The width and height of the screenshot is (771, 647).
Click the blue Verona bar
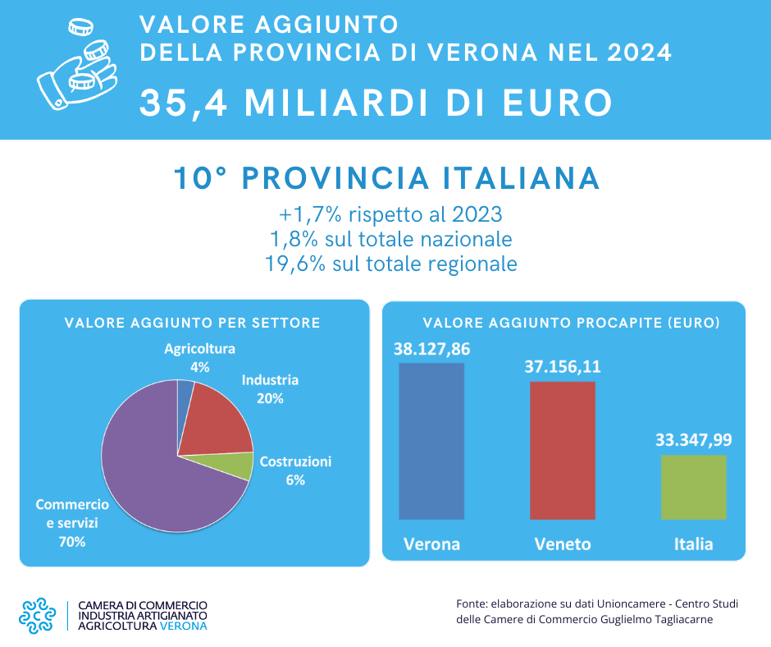(x=431, y=441)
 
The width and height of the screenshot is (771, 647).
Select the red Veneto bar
(x=563, y=450)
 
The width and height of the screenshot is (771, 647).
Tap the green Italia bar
(x=693, y=487)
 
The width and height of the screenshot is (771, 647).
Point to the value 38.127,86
(x=431, y=348)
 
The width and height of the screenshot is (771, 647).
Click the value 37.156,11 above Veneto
(x=563, y=366)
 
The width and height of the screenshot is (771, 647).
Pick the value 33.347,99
(x=694, y=439)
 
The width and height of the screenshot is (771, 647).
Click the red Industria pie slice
(x=213, y=423)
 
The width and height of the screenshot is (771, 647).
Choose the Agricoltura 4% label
(x=199, y=357)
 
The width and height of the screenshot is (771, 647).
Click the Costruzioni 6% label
(x=295, y=470)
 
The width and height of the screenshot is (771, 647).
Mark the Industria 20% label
(x=270, y=389)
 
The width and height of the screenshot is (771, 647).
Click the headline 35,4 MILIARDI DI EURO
(x=376, y=103)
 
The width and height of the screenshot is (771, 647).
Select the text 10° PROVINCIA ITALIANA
(x=386, y=179)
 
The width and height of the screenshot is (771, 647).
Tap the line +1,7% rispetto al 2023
(x=390, y=215)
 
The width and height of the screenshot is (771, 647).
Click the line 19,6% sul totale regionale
(x=390, y=264)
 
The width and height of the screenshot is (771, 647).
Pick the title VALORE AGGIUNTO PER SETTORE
(x=192, y=323)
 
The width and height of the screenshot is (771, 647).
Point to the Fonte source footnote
(x=596, y=612)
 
